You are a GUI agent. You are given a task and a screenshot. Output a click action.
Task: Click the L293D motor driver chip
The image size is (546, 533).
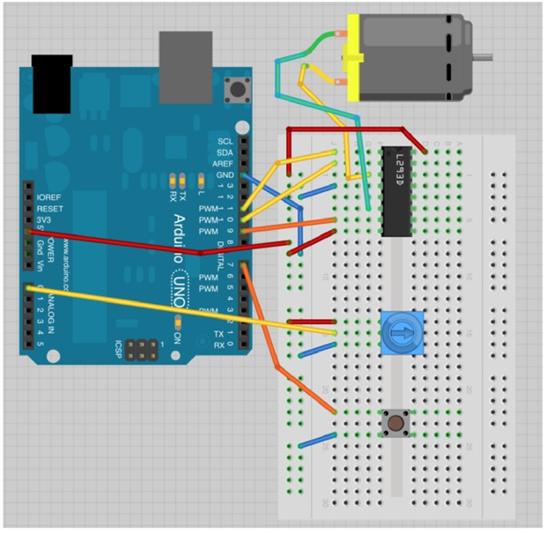(x=397, y=192)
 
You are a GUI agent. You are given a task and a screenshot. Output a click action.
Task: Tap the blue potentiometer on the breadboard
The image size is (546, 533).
(x=398, y=334)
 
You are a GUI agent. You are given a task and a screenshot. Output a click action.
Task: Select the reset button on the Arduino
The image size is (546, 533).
(x=236, y=89)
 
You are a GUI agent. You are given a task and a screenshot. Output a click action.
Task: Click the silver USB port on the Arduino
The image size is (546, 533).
(x=186, y=67)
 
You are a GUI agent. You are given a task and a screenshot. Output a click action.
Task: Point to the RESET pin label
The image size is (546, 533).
(x=49, y=208)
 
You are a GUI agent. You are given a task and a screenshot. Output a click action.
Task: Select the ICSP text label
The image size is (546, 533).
(x=122, y=350)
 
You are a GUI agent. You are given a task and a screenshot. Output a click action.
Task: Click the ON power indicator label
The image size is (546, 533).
(x=178, y=338)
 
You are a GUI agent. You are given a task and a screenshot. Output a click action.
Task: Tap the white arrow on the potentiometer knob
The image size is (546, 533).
(x=398, y=334)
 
